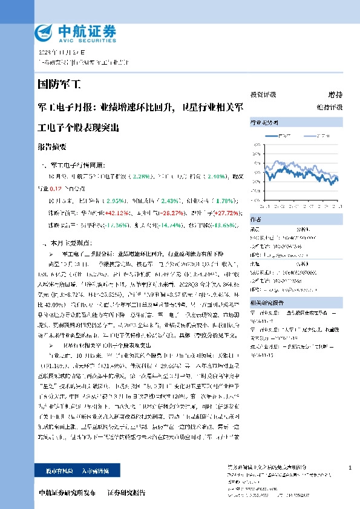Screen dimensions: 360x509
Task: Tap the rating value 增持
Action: tap(335, 95)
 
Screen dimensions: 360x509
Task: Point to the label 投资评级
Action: tap(263, 95)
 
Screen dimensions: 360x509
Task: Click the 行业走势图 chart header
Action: tap(262, 123)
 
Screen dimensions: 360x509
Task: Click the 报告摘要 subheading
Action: tap(52, 147)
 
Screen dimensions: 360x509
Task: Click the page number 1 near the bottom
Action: tap(351, 468)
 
